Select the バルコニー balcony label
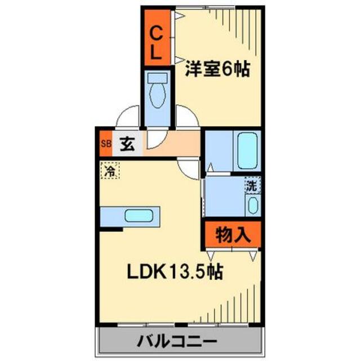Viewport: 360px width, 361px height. point(176,342)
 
